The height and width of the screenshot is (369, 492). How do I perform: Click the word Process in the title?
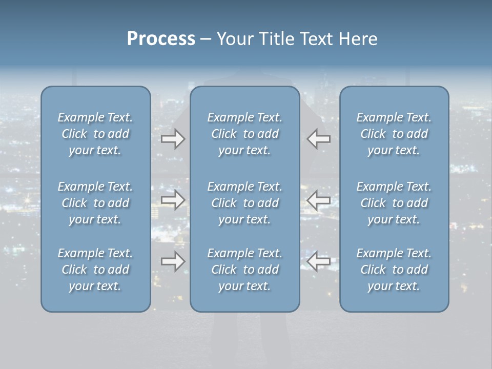[161, 39]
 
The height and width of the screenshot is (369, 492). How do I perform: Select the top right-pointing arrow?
[173, 139]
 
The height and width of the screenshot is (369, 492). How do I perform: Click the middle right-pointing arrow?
[173, 200]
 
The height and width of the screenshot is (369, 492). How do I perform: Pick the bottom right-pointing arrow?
[173, 261]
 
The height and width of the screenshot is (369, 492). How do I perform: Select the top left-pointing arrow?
[319, 139]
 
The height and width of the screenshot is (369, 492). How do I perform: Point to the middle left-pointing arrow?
[319, 200]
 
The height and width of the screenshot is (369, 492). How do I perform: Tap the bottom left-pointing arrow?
[319, 261]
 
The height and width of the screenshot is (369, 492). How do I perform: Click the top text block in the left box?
[95, 134]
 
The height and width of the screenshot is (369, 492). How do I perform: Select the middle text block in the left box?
[95, 203]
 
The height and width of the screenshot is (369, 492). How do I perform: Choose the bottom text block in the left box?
[95, 270]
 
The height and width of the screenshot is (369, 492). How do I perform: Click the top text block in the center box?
[244, 134]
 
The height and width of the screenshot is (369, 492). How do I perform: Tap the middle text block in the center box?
[244, 203]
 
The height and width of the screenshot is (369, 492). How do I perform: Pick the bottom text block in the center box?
[244, 270]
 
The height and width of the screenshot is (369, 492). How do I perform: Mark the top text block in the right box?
[394, 134]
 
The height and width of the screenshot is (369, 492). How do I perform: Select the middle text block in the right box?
[394, 203]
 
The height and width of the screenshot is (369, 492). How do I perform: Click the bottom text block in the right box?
[394, 270]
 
